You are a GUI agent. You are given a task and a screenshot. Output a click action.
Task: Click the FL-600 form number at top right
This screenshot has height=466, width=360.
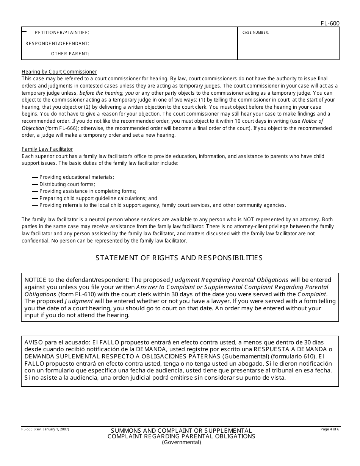330,23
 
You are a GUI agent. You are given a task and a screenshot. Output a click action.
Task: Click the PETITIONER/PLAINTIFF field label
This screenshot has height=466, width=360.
62,33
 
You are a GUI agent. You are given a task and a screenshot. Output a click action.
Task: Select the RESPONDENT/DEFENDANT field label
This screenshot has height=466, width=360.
57,44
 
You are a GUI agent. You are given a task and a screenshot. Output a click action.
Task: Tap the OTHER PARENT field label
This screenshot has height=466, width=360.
70,54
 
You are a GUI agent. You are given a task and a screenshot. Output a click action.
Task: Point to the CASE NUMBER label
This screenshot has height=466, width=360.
256,33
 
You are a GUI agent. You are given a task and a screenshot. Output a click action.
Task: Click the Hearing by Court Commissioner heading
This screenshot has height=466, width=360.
59,72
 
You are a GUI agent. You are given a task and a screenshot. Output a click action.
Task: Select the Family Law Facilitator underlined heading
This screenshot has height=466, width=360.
47,149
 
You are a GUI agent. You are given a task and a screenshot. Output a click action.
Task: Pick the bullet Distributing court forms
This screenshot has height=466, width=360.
67,184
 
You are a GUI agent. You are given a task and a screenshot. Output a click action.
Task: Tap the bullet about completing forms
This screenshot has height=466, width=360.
88,191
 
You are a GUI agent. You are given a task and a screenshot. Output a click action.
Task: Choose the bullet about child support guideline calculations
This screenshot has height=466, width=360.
98,198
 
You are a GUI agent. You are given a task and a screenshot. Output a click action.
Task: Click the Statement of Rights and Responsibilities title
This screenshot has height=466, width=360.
179,258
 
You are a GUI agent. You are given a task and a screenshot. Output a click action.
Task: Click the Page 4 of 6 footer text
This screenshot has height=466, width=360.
330,429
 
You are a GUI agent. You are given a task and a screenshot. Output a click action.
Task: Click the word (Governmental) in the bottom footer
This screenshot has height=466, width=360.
181,442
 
